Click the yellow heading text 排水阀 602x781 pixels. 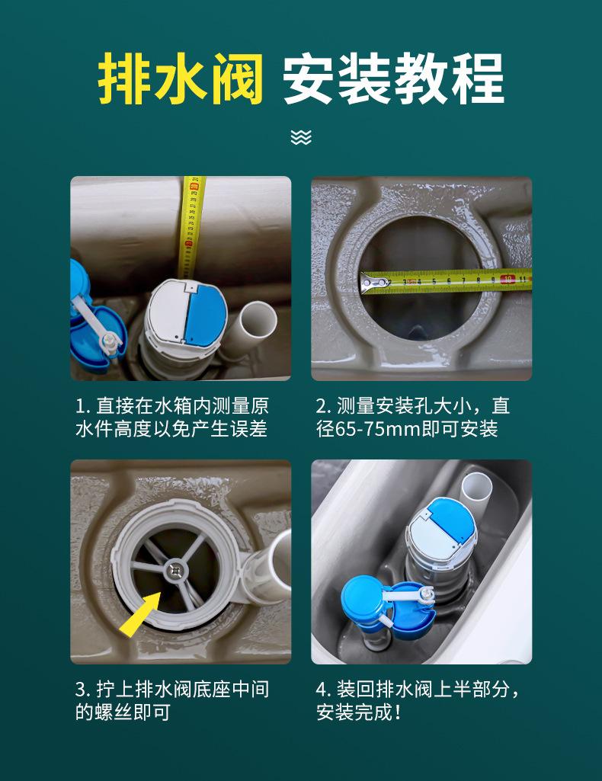pos(181,78)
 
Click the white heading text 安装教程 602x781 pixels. pos(394,78)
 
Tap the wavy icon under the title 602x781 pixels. pos(301,137)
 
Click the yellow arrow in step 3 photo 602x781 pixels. pos(140,614)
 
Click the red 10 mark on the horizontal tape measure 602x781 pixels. pos(507,279)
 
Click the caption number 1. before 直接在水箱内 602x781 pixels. pos(82,406)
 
